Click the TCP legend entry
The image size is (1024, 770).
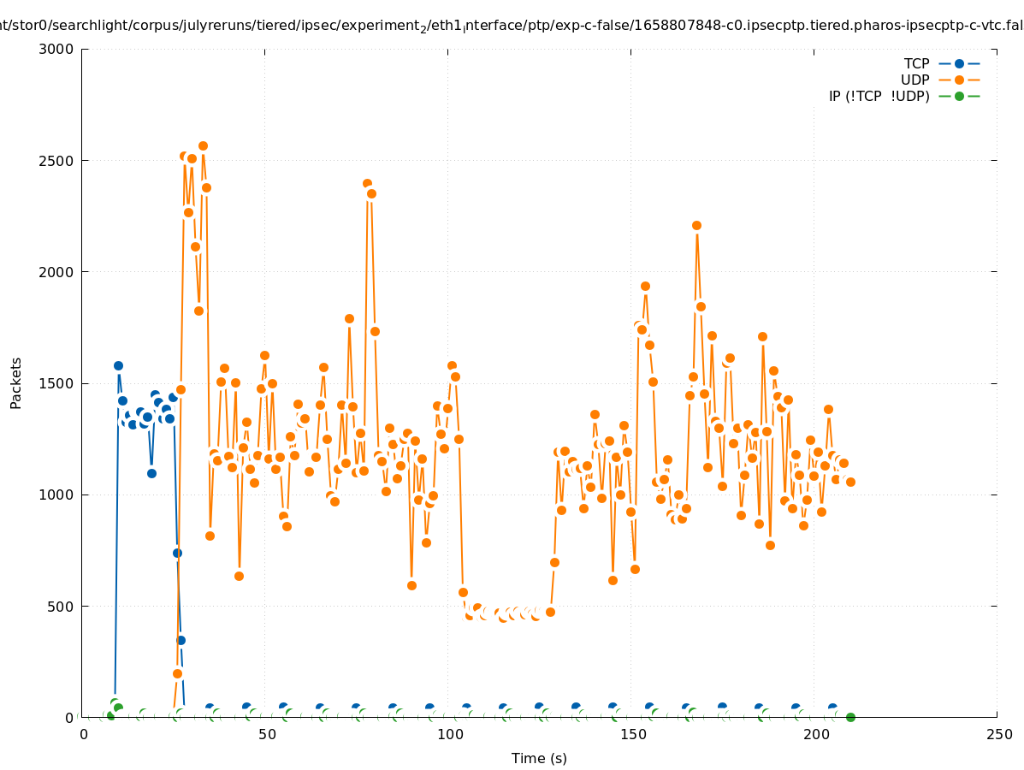(x=916, y=63)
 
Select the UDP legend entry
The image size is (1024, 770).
(x=914, y=80)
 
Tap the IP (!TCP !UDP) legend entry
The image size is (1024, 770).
(x=879, y=96)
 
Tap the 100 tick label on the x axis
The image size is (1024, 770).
(x=449, y=734)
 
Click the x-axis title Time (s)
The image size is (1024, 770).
(x=539, y=758)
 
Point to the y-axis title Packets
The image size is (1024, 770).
(x=16, y=383)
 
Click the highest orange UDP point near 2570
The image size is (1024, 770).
(x=203, y=145)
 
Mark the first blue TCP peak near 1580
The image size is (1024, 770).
(x=118, y=365)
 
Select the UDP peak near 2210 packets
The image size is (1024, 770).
(x=696, y=225)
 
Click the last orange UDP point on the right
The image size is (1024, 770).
(x=850, y=482)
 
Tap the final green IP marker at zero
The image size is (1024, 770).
(x=850, y=717)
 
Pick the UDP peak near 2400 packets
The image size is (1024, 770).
(x=367, y=184)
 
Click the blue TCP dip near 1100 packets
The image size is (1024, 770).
(x=151, y=473)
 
